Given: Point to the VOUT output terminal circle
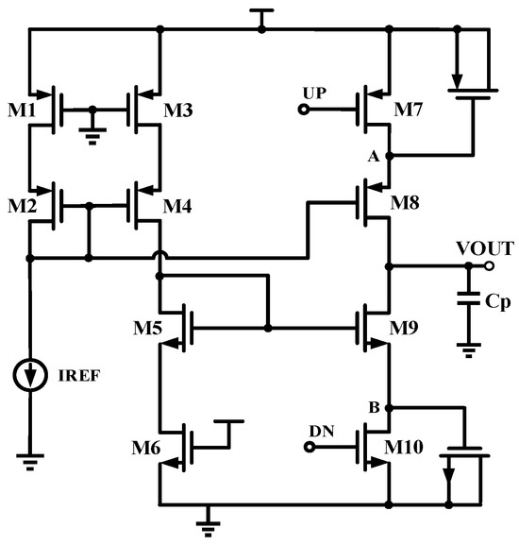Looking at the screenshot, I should [489, 266].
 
